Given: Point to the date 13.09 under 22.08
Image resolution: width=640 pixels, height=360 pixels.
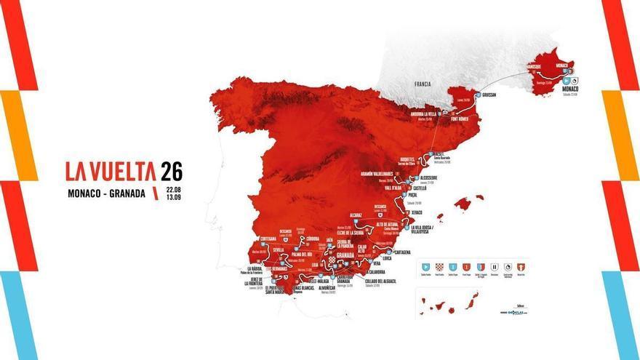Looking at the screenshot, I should click(x=173, y=197).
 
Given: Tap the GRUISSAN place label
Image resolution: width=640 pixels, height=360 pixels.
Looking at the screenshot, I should click(x=492, y=95).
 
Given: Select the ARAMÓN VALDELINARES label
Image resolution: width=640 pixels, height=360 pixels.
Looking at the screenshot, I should click(x=380, y=174).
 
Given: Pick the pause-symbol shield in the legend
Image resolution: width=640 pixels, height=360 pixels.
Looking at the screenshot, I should click(x=494, y=267).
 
